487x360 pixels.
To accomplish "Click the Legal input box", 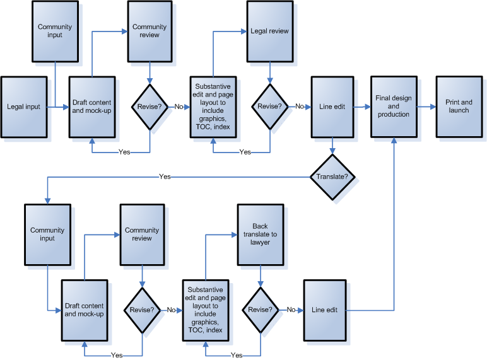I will pos(24,107).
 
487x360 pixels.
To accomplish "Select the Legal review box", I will pos(269,31).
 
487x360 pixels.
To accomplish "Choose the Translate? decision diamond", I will pos(332,177).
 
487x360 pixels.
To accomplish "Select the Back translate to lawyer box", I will pos(260,234).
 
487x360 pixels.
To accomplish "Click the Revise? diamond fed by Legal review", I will pos(269,107).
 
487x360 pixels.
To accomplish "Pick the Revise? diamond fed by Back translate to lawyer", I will pos(260,310).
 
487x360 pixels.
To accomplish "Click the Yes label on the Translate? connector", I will pos(165,177).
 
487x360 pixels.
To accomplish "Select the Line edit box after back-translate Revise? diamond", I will pos(325,310).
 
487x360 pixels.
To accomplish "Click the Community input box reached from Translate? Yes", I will pos(47,234).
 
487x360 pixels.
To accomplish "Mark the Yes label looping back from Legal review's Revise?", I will pos(245,152).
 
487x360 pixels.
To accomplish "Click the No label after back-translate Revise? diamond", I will pos(291,310).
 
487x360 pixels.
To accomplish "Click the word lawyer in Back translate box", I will pos(260,242).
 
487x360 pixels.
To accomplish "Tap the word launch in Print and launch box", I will pos(459,110).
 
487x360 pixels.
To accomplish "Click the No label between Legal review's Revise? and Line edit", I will pos(299,107).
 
